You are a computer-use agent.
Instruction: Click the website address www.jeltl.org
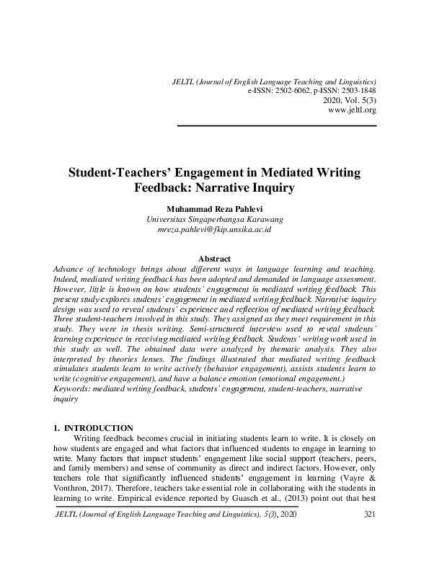(352, 110)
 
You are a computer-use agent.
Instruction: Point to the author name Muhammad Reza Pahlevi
(214, 208)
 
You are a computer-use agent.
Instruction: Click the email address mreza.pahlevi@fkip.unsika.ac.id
(214, 229)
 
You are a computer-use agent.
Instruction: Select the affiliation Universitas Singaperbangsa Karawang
(214, 218)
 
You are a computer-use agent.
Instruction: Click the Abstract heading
(214, 259)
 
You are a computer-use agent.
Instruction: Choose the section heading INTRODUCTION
(99, 428)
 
